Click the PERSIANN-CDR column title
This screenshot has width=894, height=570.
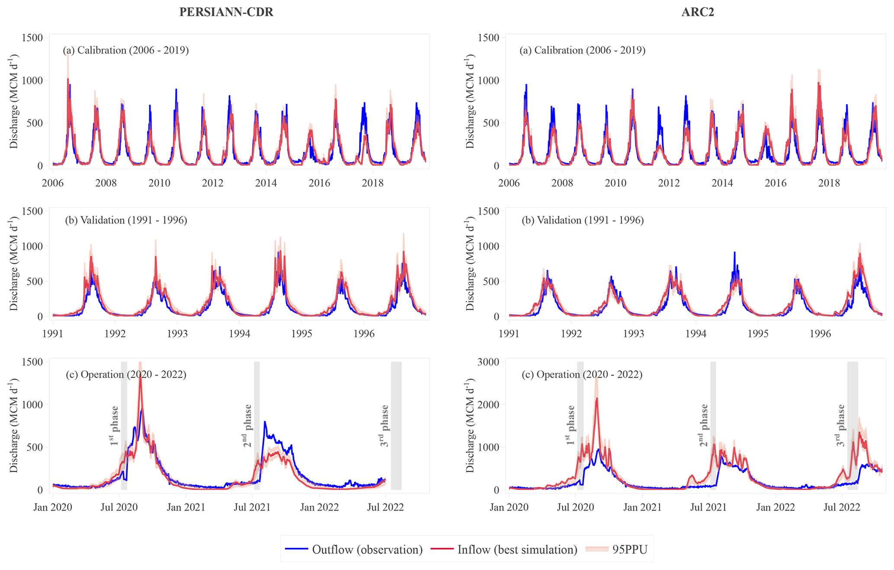(226, 12)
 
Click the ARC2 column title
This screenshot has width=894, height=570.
(698, 12)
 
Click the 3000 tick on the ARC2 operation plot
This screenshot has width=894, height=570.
(490, 362)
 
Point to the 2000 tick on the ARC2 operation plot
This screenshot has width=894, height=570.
(490, 405)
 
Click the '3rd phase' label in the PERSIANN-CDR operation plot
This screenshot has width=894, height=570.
(384, 426)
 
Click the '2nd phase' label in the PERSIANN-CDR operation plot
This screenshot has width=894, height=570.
(247, 426)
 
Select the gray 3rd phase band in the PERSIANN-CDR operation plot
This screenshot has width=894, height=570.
(396, 426)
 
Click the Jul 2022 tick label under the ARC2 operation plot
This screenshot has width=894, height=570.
(842, 507)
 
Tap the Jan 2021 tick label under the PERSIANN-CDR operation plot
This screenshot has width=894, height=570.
(186, 507)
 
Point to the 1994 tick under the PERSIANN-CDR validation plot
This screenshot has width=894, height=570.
(239, 334)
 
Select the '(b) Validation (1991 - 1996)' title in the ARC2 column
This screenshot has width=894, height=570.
(583, 220)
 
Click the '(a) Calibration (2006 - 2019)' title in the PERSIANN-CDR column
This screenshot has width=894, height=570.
(126, 50)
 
